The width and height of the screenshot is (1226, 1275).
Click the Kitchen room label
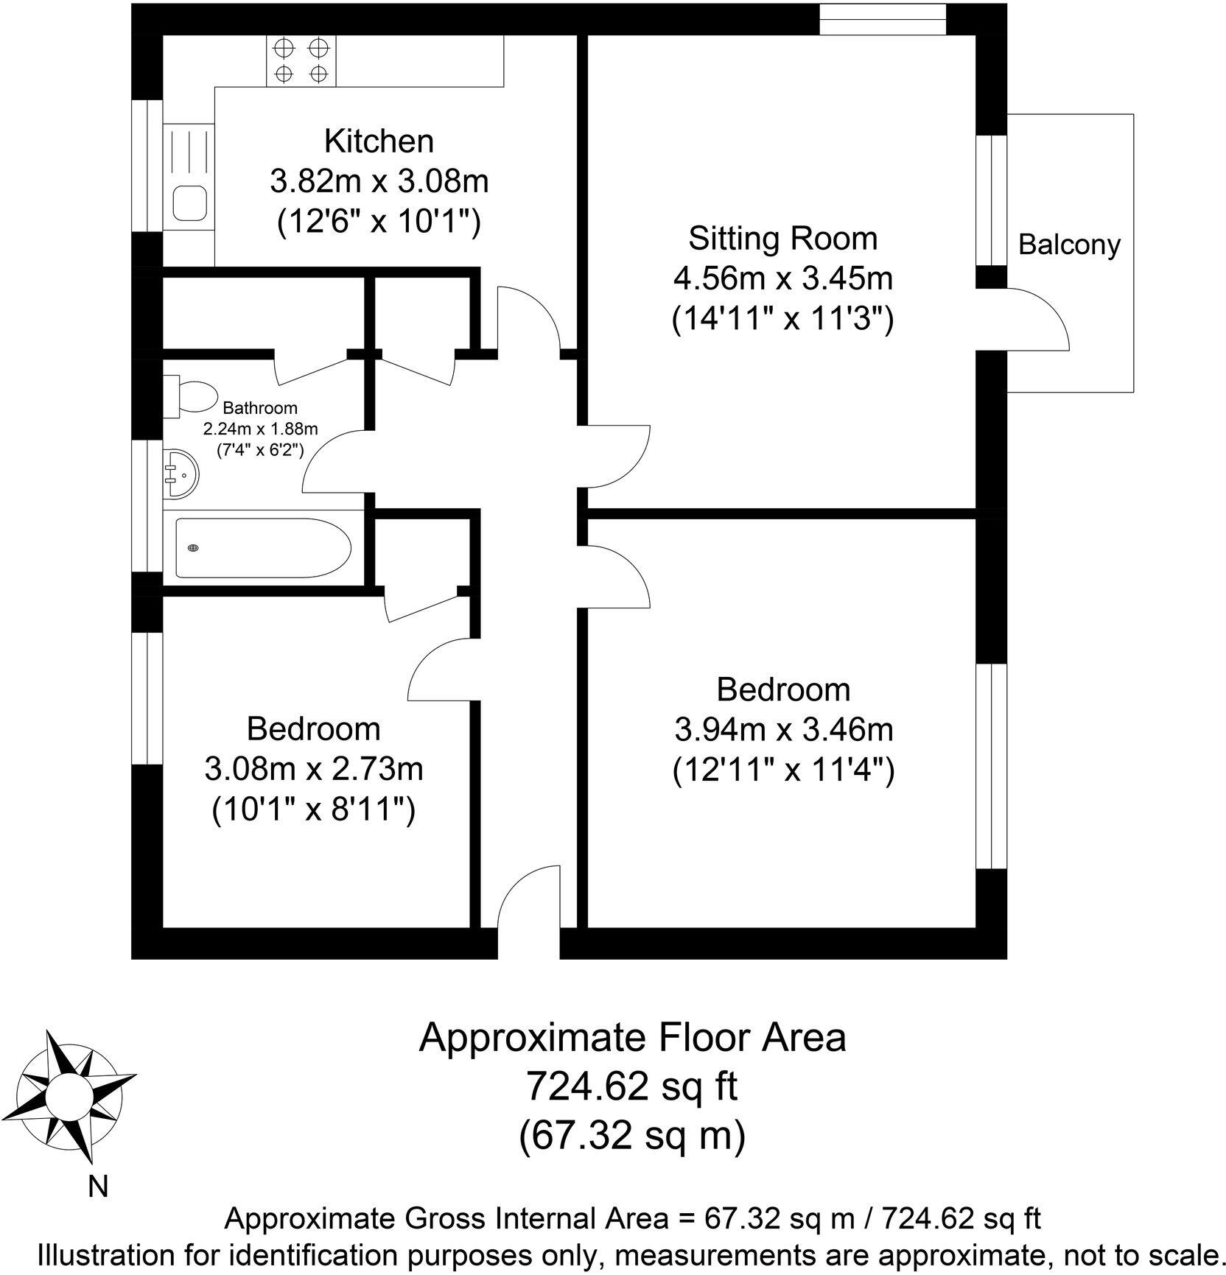(379, 141)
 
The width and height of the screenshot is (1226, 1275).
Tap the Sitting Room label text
(782, 239)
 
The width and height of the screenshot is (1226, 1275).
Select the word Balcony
(1068, 245)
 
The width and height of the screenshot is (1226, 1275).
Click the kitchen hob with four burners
(301, 61)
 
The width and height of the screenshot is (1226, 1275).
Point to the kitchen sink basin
(189, 203)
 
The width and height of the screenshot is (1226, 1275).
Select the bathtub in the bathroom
(262, 547)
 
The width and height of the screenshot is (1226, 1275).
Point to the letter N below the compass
(98, 1187)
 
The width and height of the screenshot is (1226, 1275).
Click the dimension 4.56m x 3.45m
(782, 279)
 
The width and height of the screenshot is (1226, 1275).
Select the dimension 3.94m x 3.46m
(783, 730)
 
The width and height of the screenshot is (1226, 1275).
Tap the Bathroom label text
(260, 407)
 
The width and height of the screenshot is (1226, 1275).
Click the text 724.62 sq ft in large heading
(631, 1086)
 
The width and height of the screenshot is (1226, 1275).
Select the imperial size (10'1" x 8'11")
(313, 810)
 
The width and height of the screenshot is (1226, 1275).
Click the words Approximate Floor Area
(631, 1037)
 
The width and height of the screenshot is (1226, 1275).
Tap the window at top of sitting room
(882, 18)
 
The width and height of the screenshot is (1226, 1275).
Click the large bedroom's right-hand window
(991, 766)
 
